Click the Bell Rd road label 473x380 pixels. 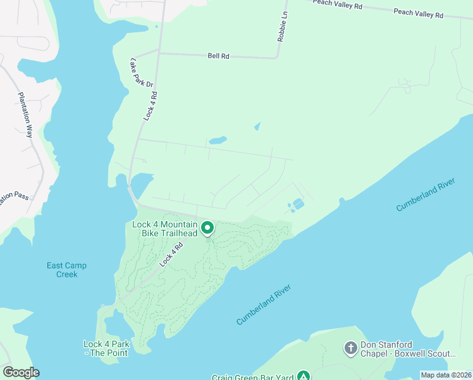pyautogui.click(x=218, y=56)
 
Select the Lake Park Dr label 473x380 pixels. pyautogui.click(x=141, y=73)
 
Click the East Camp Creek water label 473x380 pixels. pyautogui.click(x=66, y=270)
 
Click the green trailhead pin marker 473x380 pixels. pyautogui.click(x=207, y=227)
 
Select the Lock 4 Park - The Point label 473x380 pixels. pyautogui.click(x=106, y=348)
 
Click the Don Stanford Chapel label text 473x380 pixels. pyautogui.click(x=407, y=349)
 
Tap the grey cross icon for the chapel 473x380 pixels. pyautogui.click(x=351, y=348)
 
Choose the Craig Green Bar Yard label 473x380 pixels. pyautogui.click(x=253, y=377)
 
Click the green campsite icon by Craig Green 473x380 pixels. pyautogui.click(x=304, y=376)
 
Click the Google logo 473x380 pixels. pyautogui.click(x=21, y=372)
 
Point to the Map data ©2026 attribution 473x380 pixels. pyautogui.click(x=445, y=375)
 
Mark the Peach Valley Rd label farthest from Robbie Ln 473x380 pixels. pyautogui.click(x=418, y=13)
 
